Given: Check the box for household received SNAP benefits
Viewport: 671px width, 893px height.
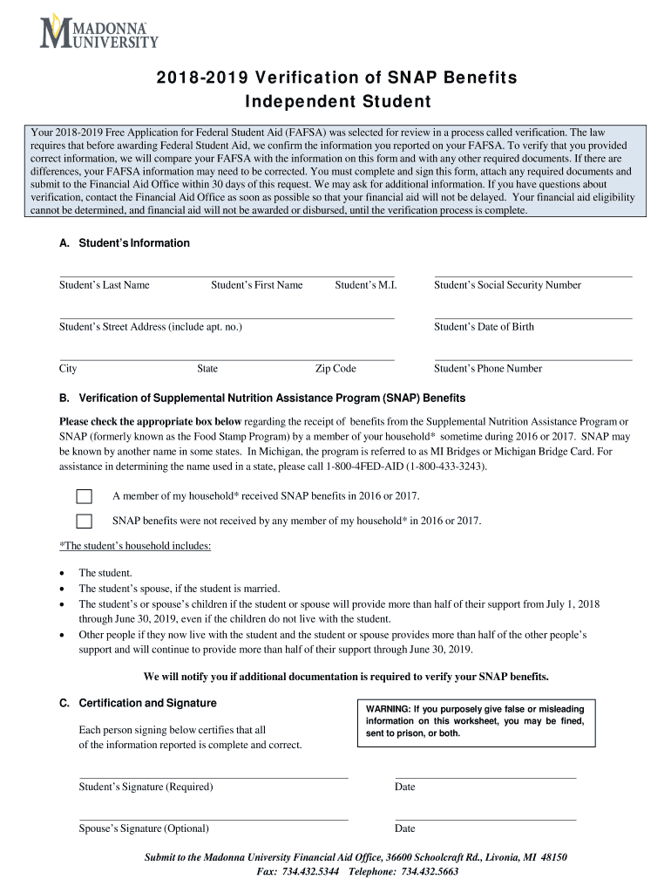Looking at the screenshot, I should point(84,497).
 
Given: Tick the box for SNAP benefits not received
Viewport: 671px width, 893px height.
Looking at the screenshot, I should point(84,521).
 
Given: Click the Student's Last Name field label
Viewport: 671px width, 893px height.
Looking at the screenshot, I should point(104,285).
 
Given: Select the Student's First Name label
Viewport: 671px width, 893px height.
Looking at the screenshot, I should point(256,285).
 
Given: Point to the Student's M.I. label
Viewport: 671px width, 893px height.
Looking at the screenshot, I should point(365,285).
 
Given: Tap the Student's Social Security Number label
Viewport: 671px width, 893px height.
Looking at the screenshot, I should point(507,285).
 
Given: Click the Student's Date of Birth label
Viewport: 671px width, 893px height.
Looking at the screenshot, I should point(484,327).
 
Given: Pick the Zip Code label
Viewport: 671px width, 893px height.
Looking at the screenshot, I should point(335,369).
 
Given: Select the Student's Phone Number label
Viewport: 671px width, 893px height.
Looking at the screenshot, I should point(488,369).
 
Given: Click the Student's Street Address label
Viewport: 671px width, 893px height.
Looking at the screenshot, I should point(150,327).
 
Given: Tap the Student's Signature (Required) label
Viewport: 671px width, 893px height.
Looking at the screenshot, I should point(146,787).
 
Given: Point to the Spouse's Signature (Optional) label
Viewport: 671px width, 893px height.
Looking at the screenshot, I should point(144,829).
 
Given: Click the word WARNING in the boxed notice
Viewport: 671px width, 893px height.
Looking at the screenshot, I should point(388,709).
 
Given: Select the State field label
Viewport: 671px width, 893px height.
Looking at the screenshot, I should point(207,369).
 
